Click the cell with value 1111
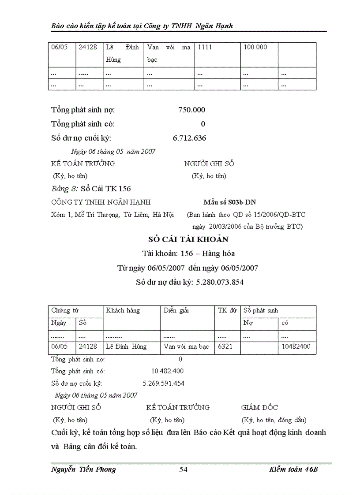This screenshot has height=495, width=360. (205, 47)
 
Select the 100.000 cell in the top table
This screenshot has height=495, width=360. (255, 47)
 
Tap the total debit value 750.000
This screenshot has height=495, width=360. (191, 110)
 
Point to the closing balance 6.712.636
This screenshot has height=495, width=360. (189, 138)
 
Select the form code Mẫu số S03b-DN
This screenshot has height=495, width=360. (229, 202)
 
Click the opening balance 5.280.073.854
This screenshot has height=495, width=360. (218, 282)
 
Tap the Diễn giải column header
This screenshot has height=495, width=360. (176, 310)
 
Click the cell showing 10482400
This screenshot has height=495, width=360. (296, 346)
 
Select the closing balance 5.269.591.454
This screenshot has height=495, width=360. (164, 383)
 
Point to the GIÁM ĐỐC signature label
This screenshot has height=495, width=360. (259, 407)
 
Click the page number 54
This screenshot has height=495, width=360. (184, 469)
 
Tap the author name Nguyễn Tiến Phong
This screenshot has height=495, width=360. (84, 469)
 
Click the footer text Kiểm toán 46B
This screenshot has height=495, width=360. (293, 469)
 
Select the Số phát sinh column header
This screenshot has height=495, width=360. (261, 310)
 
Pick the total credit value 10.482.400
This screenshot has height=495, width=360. (167, 371)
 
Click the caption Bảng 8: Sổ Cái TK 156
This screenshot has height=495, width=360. (91, 189)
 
